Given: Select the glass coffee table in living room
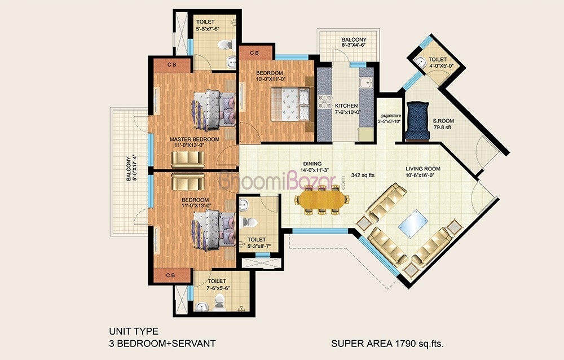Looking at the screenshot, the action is [413, 223].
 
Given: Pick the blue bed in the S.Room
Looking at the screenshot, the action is [417, 121].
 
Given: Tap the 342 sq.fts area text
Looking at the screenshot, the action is [363, 175].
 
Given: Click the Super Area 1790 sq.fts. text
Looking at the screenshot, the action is [387, 344].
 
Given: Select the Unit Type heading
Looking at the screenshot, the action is [134, 331].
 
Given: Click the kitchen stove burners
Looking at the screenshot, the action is [324, 101].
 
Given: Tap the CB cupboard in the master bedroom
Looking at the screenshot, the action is [172, 65].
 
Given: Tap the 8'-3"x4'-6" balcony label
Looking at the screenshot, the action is [354, 42].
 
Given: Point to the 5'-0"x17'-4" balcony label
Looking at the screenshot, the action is [131, 168].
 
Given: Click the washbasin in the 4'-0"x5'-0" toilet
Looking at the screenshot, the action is [420, 62].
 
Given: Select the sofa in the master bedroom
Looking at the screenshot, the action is [187, 160].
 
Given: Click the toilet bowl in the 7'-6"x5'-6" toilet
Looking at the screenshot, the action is [219, 302].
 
